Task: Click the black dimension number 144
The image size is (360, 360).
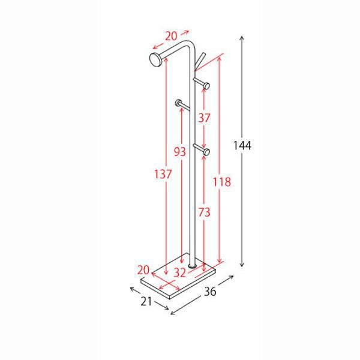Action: click(x=242, y=145)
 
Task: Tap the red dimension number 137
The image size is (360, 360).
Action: click(x=163, y=174)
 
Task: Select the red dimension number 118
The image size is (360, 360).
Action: click(x=222, y=182)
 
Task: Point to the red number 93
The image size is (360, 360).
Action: click(x=180, y=152)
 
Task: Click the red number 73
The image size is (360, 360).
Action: click(x=204, y=212)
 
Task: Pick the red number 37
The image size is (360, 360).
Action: click(x=204, y=118)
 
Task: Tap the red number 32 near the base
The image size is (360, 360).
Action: click(x=179, y=273)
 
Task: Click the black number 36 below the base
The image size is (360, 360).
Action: click(x=210, y=292)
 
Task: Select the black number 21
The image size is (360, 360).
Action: click(x=146, y=301)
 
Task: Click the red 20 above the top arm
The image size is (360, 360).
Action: click(x=171, y=36)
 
